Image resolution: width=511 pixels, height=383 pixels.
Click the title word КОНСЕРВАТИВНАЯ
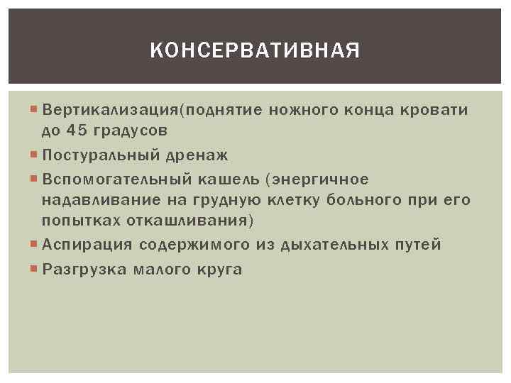pos(255,51)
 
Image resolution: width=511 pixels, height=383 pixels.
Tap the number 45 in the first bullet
pos(75,131)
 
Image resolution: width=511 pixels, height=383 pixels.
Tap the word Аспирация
pos(87,245)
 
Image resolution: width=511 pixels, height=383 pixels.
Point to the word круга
pos(218,269)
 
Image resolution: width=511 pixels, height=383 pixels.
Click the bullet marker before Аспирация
pos(35,245)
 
